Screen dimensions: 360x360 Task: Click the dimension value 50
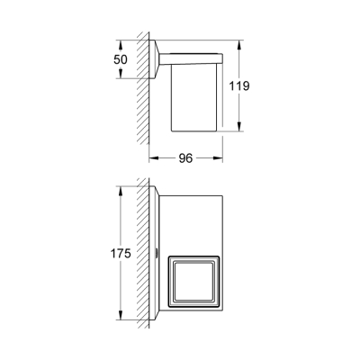[x=121, y=59]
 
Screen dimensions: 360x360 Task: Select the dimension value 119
[x=239, y=86]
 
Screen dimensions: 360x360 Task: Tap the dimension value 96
[x=185, y=158]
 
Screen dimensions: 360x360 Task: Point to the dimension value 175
[x=121, y=254]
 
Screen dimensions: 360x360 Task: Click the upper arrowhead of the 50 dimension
[x=121, y=45]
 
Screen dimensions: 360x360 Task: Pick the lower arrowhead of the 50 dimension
[x=121, y=74]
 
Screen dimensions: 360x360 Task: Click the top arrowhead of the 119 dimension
[x=239, y=45]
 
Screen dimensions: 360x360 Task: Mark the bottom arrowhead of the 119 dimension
[x=239, y=126]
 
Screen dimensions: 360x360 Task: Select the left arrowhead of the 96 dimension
[x=154, y=158]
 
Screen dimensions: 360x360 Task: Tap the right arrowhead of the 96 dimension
[x=218, y=158]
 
